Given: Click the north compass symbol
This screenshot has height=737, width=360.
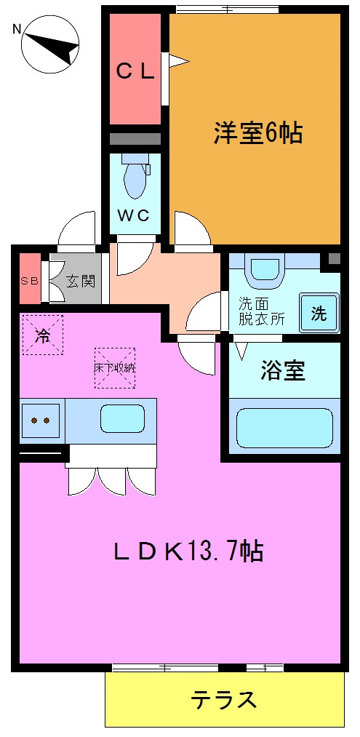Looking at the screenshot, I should click(50, 45).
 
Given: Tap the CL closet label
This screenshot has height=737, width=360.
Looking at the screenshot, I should click(135, 71).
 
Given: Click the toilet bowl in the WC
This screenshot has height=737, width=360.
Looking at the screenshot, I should click(135, 179).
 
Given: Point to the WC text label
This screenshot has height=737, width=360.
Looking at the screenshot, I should click(135, 215).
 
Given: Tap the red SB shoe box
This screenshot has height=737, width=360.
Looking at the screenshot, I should click(29, 279).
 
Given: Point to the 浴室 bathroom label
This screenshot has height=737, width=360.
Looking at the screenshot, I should click(282, 370).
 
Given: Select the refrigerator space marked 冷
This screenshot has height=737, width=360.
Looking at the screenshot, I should click(43, 335).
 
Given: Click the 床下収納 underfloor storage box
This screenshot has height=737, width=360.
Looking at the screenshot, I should click(114, 367).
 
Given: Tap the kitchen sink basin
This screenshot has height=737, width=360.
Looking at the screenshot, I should click(122, 421).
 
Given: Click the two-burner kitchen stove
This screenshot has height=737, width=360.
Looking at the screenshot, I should click(40, 421).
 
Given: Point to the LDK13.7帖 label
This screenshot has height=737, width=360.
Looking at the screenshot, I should click(188, 551).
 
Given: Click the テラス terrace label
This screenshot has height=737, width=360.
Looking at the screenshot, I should click(224, 700).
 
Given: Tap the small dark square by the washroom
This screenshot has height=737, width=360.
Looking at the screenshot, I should click(334, 258).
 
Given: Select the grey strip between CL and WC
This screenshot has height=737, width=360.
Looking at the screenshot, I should click(135, 138).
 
